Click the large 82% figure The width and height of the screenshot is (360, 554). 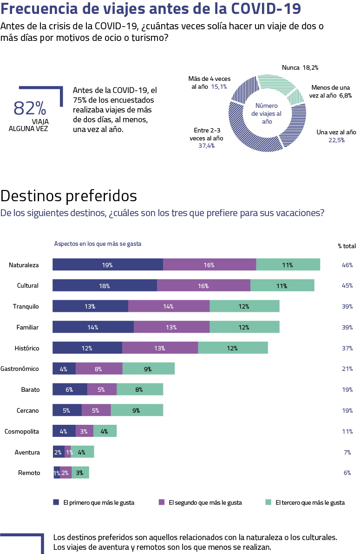pos(30,108)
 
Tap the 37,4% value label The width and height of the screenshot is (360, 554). pos(206,145)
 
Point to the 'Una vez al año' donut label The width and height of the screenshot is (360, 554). pos(336,132)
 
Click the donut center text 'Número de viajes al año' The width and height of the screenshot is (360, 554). pos(267,113)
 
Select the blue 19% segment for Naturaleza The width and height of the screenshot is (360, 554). pos(107,265)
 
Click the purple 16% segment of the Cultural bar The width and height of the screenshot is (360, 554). pos(203,286)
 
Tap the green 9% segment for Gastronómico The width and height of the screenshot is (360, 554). pos(149,369)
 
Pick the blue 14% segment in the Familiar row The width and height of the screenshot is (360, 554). pos(93,327)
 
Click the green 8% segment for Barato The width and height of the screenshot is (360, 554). pos(140,390)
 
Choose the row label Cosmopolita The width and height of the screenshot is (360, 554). pos(21,432)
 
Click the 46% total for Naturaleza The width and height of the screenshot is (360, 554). pos(347,265)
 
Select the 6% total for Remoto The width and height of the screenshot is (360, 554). pos(347,473)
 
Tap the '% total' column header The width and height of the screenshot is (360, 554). pos(347,246)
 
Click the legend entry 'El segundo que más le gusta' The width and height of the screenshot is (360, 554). pos(205,502)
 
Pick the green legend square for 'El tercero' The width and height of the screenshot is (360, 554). pos(268,502)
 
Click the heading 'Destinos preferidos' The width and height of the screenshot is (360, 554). pos(69,196)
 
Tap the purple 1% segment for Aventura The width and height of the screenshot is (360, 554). pos(68,452)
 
